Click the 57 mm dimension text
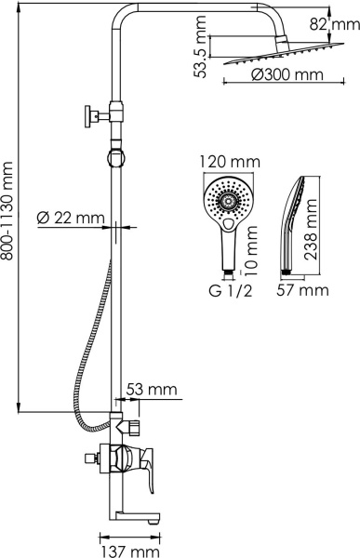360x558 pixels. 304,290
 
